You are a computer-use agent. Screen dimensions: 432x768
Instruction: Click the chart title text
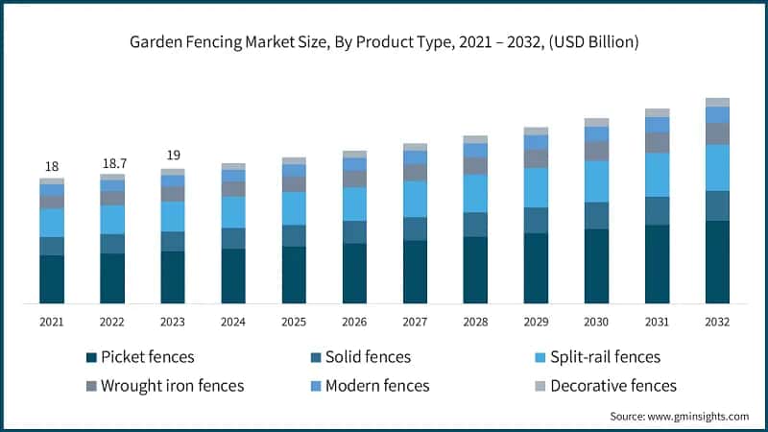point(384,43)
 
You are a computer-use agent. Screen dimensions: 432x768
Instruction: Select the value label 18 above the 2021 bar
point(52,166)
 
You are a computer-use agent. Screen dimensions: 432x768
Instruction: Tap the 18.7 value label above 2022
point(112,164)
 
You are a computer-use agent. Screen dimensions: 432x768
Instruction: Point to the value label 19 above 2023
point(173,156)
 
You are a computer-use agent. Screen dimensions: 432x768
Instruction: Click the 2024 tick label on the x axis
point(233,322)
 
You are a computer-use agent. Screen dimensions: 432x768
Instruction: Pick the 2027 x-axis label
point(415,322)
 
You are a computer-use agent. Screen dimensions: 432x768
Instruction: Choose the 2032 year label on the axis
point(717,322)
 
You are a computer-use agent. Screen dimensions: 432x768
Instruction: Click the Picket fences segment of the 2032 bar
point(717,262)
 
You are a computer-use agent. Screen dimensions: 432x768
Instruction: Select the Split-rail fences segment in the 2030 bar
point(596,181)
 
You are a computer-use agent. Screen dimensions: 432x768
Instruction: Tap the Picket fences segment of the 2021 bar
point(52,279)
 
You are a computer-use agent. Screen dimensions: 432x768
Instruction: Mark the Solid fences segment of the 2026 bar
point(354,232)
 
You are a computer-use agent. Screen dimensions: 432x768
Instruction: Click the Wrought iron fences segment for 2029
point(536,158)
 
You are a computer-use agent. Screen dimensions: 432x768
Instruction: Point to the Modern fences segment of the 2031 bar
point(657,125)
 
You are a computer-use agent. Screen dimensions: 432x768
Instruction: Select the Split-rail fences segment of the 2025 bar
point(294,208)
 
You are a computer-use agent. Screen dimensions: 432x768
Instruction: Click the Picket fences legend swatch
point(91,357)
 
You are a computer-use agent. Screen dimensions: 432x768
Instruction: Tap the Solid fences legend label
point(367,357)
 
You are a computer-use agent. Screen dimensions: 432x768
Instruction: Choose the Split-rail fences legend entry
point(600,357)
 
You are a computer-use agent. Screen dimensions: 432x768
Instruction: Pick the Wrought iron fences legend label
point(172,386)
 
